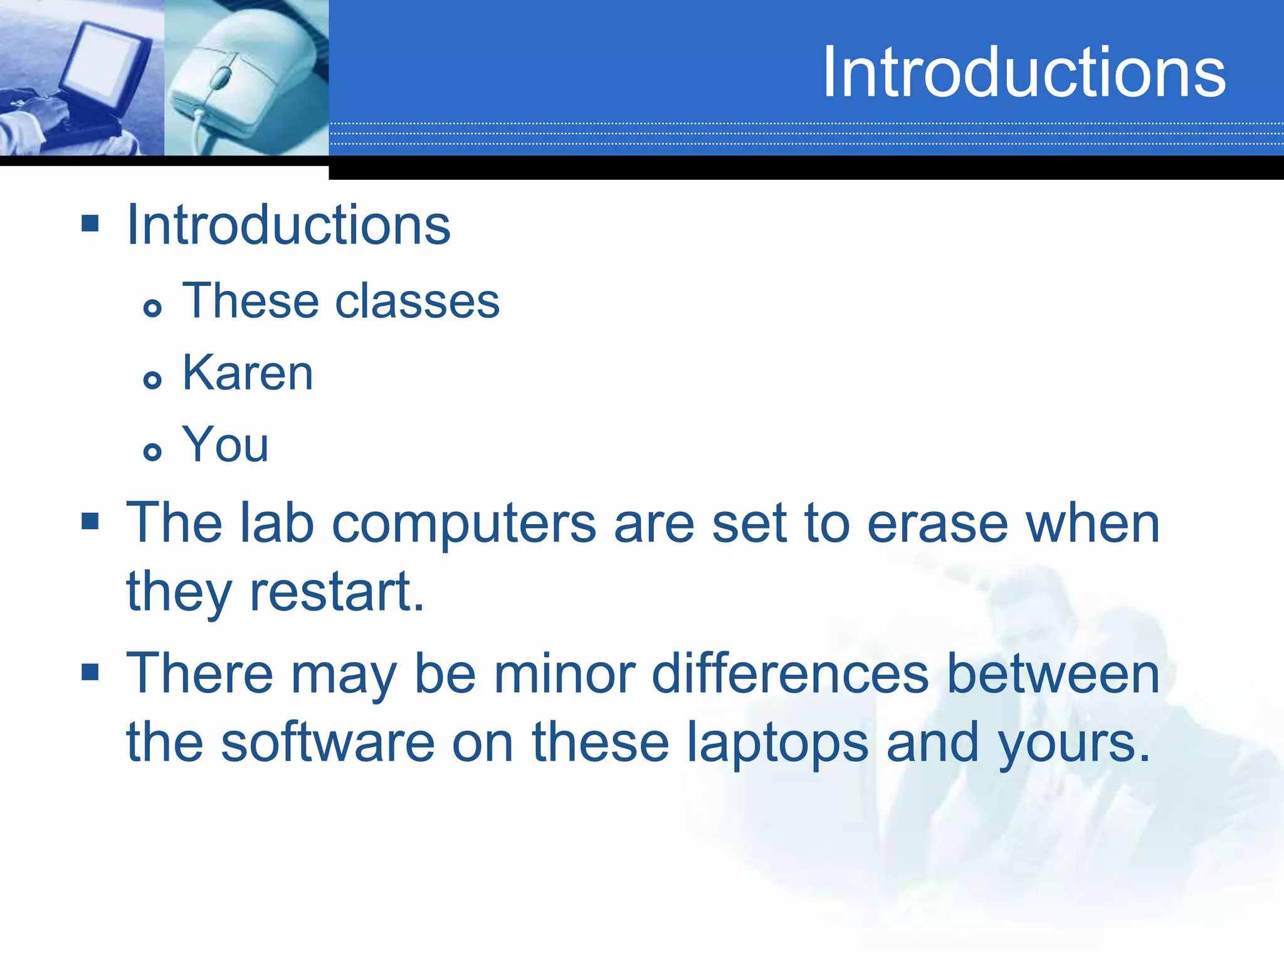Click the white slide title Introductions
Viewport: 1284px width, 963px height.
point(1023,73)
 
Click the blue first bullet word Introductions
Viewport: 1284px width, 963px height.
point(288,225)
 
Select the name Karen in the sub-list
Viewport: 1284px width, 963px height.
point(247,373)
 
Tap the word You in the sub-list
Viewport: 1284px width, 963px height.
point(225,445)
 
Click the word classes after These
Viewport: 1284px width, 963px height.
point(417,302)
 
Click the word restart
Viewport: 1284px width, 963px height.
point(337,592)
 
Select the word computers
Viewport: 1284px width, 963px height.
point(463,525)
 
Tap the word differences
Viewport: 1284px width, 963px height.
point(790,675)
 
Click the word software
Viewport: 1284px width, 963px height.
point(327,743)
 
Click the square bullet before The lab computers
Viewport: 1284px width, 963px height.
point(90,521)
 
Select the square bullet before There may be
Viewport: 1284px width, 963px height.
point(90,672)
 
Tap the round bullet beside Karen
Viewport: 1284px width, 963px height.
point(152,379)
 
